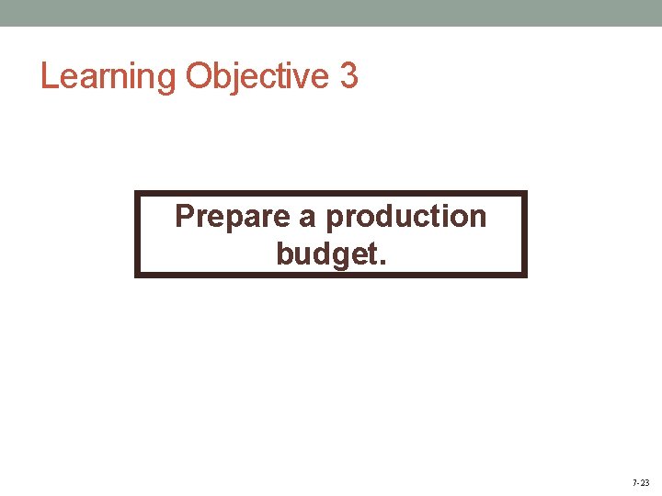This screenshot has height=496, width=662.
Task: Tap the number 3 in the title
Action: (348, 75)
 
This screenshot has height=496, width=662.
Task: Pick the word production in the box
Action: (406, 218)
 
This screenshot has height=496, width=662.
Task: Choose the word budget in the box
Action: (325, 254)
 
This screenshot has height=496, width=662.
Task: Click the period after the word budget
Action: (382, 261)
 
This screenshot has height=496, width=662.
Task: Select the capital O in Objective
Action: (200, 76)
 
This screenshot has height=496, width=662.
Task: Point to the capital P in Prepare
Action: (184, 217)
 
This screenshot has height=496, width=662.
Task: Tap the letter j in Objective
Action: (236, 78)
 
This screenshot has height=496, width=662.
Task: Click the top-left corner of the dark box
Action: (137, 193)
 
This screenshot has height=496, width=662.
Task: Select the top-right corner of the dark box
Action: (526, 193)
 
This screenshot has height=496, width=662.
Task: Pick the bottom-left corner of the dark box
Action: (137, 275)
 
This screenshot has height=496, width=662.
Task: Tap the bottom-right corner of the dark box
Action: (526, 275)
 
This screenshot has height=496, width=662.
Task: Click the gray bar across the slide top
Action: (331, 13)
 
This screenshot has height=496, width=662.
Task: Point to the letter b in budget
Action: (284, 253)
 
